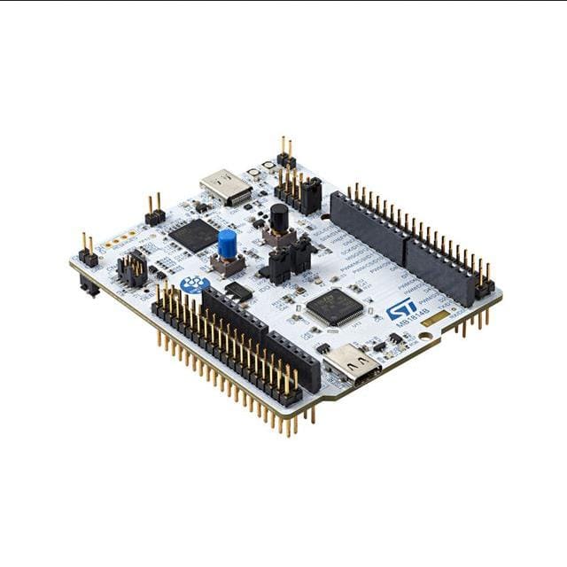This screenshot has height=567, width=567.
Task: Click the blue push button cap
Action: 227,243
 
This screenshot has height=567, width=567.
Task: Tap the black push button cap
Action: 279,215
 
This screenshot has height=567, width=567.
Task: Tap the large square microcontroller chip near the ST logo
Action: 335,307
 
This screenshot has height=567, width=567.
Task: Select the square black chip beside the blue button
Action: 193,235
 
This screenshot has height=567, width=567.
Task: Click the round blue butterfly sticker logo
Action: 194,284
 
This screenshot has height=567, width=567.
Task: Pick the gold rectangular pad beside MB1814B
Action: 434,317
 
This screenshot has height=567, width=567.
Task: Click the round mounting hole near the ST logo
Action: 427,338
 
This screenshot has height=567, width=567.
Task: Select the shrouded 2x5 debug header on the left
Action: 133,269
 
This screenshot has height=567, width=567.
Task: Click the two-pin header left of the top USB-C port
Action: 154,213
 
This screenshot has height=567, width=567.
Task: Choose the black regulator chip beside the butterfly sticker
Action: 237,290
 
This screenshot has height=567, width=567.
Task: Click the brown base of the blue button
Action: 228,263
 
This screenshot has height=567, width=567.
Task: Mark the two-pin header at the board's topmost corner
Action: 285,154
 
